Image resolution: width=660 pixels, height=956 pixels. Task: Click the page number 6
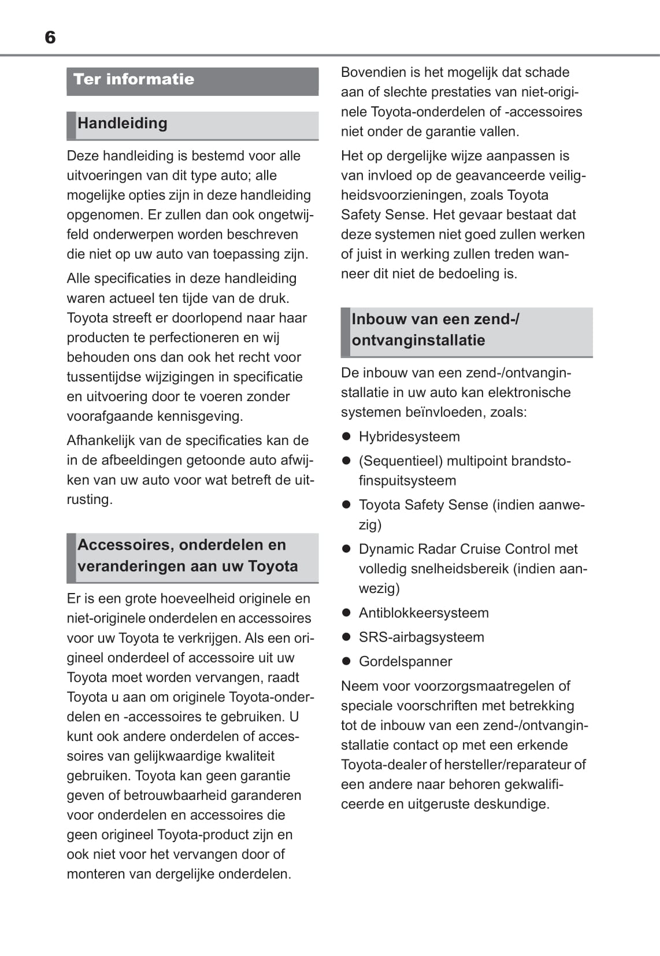[50, 38]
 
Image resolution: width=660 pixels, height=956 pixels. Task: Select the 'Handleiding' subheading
[123, 123]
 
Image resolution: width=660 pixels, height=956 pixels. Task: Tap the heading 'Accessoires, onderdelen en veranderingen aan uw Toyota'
[187, 555]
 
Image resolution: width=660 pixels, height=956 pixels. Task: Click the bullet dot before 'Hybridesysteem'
[347, 436]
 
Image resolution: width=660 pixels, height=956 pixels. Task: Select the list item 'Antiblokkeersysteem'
[424, 613]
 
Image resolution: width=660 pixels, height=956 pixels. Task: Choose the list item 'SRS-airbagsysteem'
[421, 637]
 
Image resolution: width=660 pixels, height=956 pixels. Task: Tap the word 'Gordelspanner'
[405, 661]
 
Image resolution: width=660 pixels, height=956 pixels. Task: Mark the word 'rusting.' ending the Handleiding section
[90, 499]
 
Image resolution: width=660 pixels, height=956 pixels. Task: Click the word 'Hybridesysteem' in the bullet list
[409, 436]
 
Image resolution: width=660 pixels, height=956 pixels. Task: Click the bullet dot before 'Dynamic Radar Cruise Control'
[347, 549]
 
